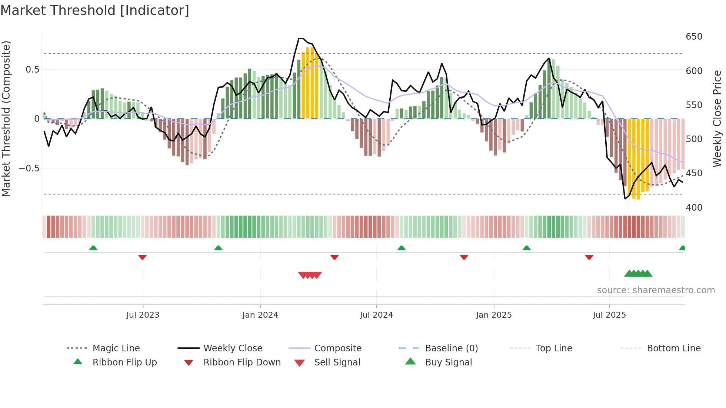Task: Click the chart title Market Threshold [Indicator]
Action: (95, 10)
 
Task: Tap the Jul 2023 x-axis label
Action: (143, 315)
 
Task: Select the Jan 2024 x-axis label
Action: (260, 315)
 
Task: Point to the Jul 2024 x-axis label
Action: (376, 315)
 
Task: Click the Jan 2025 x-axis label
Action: (494, 315)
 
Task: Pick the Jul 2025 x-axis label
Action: (609, 315)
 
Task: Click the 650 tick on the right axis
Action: (694, 37)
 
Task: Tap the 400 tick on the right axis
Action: (694, 208)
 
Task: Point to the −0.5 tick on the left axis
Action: (29, 168)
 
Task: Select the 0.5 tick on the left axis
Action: (32, 70)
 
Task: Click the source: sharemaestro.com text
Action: (656, 290)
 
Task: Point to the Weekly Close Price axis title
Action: (717, 118)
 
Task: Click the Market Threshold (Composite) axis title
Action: (6, 118)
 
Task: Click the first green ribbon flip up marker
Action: (93, 248)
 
